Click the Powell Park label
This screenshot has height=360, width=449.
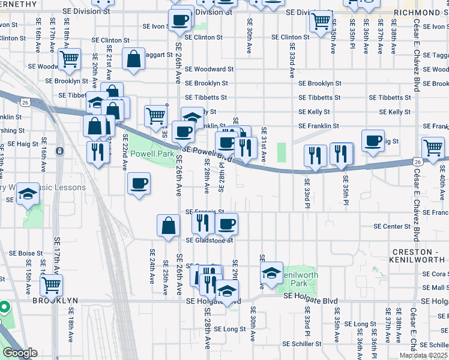click(152, 154)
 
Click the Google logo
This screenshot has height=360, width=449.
click(19, 353)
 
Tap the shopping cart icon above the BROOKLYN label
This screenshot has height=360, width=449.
click(52, 285)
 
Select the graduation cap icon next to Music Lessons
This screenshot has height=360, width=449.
click(28, 194)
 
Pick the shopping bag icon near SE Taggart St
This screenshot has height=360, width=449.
click(133, 59)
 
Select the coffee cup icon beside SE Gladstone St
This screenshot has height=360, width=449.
click(226, 224)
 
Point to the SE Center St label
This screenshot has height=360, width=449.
click(391, 227)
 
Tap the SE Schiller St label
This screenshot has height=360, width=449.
click(301, 344)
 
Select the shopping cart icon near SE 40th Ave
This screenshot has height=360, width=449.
click(433, 147)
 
